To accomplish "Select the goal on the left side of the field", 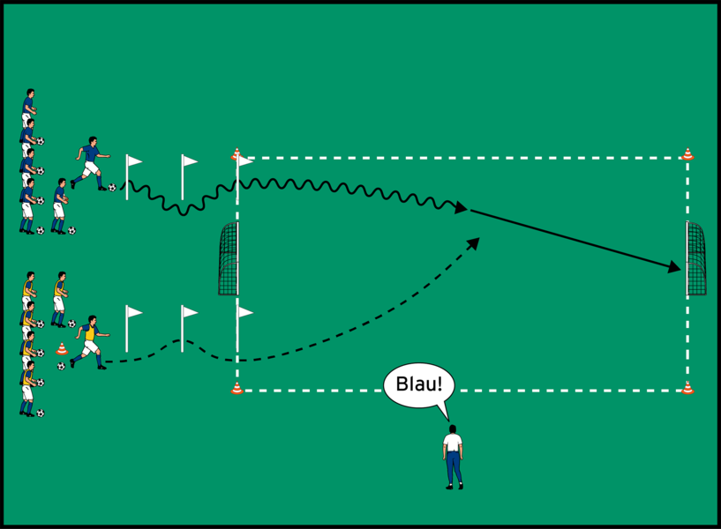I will click(x=229, y=259).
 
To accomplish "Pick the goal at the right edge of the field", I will click(x=695, y=258).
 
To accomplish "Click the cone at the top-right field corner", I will click(x=687, y=155).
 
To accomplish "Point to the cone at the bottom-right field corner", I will click(x=687, y=388).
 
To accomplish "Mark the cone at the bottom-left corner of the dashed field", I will click(x=237, y=388).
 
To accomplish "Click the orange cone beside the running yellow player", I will click(x=62, y=348).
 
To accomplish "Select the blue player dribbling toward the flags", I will click(x=88, y=163).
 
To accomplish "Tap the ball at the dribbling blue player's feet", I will click(x=112, y=187).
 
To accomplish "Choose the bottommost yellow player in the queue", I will click(x=29, y=388).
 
